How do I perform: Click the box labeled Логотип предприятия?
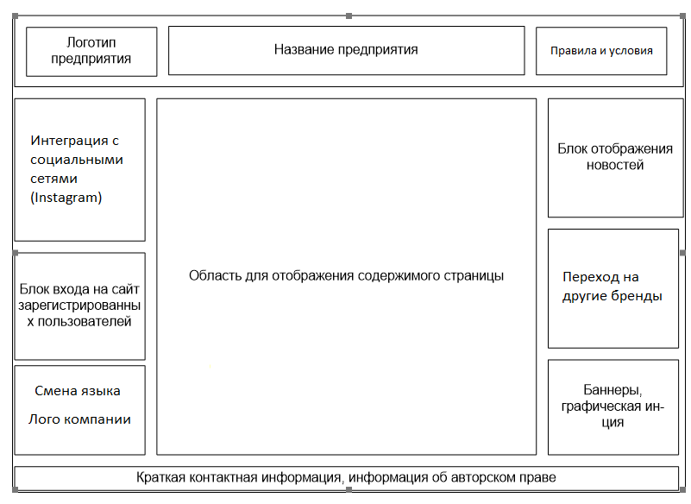click(x=91, y=51)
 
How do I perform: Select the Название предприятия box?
click(x=346, y=50)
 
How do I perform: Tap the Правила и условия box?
click(x=602, y=50)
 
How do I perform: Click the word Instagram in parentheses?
click(x=66, y=198)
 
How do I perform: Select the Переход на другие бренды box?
click(x=613, y=287)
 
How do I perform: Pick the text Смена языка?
click(x=78, y=391)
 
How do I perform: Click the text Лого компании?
click(x=79, y=419)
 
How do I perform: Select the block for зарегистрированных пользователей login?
click(x=79, y=306)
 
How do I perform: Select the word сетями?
click(x=54, y=179)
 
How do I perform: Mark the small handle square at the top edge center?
click(x=348, y=16)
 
